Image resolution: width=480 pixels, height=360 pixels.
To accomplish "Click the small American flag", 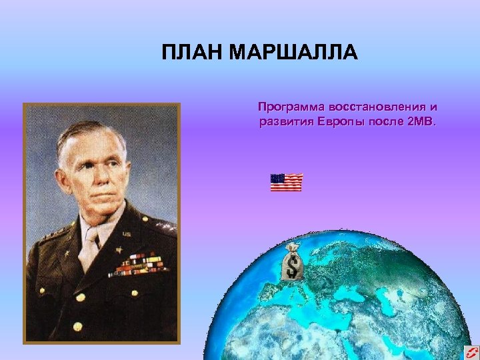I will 287,182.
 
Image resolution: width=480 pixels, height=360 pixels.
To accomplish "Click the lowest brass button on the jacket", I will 78,326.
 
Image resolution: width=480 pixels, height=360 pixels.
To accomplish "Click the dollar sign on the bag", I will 292,267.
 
